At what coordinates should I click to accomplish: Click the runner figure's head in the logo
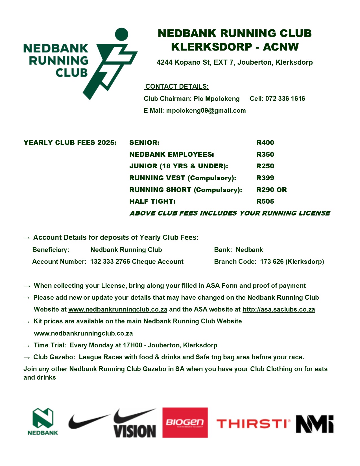click(x=122, y=34)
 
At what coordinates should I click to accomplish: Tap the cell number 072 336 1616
click(x=285, y=99)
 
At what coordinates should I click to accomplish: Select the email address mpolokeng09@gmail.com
click(x=206, y=110)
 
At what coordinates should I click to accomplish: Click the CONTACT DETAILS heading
click(x=177, y=86)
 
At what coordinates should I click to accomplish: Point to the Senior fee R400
click(x=265, y=143)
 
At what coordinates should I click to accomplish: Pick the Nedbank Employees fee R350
click(x=265, y=154)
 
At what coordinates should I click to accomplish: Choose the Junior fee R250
click(x=265, y=166)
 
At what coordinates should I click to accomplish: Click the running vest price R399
click(x=265, y=178)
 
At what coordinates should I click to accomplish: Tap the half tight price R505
click(x=265, y=201)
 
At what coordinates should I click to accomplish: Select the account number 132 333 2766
click(x=110, y=262)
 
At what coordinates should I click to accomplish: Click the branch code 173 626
click(x=272, y=262)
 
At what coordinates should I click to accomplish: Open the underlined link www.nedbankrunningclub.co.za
click(x=118, y=309)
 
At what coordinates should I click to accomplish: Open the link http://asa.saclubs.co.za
click(x=279, y=309)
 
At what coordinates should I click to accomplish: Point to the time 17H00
click(x=132, y=345)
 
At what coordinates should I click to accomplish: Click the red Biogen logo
click(x=185, y=423)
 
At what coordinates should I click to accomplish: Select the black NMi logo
click(x=315, y=424)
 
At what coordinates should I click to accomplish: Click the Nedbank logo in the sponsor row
click(x=43, y=421)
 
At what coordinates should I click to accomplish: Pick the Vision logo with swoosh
click(x=135, y=424)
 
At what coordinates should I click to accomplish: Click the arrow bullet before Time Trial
click(x=27, y=346)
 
